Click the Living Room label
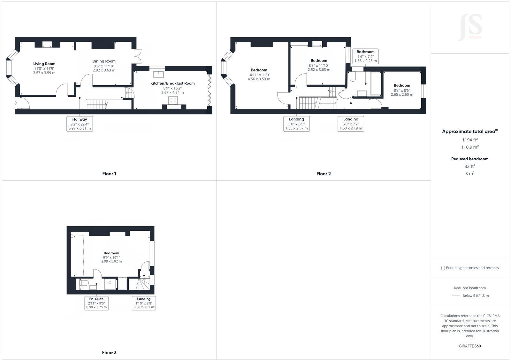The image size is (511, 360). click(x=44, y=64)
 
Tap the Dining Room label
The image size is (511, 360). click(x=104, y=61)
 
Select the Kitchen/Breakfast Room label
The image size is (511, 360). click(x=172, y=83)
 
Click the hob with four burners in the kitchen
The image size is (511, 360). click(x=173, y=101)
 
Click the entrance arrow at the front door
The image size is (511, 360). click(x=16, y=103)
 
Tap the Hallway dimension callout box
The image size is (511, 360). click(x=80, y=124)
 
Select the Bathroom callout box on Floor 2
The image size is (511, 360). click(x=365, y=56)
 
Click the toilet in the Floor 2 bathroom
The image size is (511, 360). click(x=353, y=77)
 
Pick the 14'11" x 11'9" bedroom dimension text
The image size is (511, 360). click(x=259, y=75)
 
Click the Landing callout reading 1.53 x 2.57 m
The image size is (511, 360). click(x=296, y=124)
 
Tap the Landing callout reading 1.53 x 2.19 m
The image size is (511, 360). click(x=351, y=124)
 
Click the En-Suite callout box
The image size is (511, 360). click(x=96, y=303)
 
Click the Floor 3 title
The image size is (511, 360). click(x=109, y=353)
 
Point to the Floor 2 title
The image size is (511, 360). click(x=324, y=174)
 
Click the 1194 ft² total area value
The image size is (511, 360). click(x=470, y=140)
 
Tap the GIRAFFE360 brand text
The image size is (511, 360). click(x=470, y=346)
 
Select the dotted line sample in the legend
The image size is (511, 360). click(x=455, y=296)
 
